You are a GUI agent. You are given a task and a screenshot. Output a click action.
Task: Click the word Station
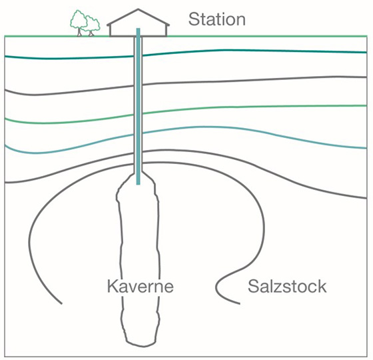click(x=217, y=19)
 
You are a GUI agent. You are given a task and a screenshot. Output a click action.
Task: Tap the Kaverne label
click(x=141, y=286)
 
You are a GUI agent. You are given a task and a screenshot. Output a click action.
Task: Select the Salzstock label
click(x=287, y=286)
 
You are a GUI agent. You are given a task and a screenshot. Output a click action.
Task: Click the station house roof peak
click(x=138, y=9)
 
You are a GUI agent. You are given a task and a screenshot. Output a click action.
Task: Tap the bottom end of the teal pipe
click(x=138, y=184)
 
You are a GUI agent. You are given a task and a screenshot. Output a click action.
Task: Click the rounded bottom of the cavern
click(x=143, y=345)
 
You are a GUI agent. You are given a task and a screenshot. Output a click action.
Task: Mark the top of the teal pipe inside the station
click(x=138, y=29)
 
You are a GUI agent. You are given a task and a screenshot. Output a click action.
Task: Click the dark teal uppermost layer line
click(x=186, y=52)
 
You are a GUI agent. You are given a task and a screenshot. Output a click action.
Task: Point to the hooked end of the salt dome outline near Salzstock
click(x=218, y=289)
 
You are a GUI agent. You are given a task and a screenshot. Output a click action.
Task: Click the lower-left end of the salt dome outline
click(x=61, y=303)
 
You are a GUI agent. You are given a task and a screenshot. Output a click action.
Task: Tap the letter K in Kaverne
click(x=112, y=286)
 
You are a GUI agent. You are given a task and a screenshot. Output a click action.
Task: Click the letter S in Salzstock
click(x=253, y=286)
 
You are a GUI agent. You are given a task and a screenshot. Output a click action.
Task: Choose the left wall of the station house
click(x=110, y=30)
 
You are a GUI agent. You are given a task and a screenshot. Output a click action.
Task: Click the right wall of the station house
click(x=167, y=30)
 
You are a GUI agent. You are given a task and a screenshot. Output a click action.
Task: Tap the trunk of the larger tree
click(x=79, y=32)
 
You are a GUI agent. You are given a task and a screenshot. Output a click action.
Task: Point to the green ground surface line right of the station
click(x=267, y=36)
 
